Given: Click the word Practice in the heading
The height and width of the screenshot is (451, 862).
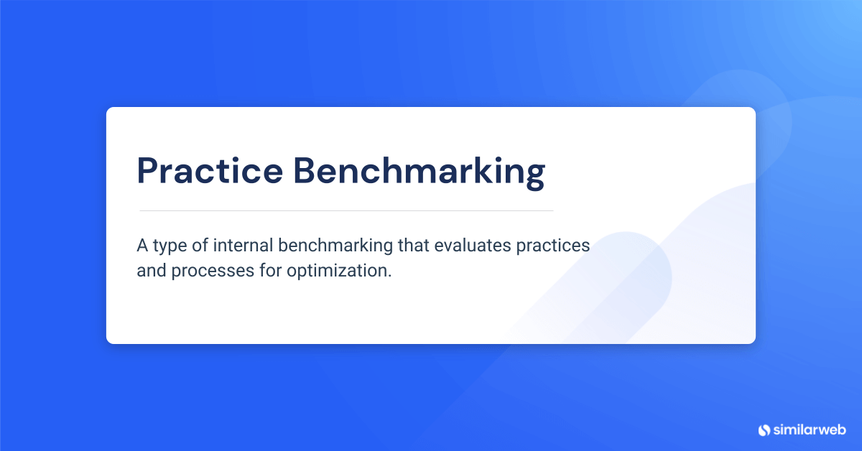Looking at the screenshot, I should [208, 172].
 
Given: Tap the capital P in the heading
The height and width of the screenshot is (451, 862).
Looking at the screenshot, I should [148, 172].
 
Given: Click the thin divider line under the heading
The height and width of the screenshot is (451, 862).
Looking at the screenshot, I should [346, 210].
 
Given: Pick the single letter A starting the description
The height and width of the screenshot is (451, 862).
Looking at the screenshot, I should [142, 246].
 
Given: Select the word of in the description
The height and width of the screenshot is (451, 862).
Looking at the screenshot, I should [206, 246].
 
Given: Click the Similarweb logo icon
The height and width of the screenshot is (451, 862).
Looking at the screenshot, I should [764, 430].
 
